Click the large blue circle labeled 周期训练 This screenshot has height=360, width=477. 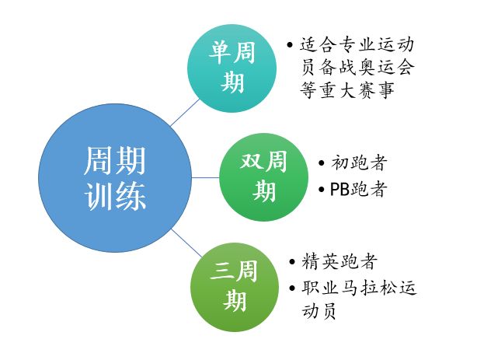click(x=115, y=178)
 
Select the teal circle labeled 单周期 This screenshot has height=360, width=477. click(x=232, y=68)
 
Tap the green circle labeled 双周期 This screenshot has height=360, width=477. click(x=264, y=177)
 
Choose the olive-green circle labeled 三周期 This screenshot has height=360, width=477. click(x=235, y=287)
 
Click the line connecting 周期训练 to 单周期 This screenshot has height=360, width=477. click(x=185, y=113)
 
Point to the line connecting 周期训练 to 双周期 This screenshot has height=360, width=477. click(x=206, y=177)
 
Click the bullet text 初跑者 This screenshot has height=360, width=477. click(x=359, y=163)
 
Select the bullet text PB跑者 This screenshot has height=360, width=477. click(x=359, y=189)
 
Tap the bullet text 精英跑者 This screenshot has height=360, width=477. click(x=339, y=261)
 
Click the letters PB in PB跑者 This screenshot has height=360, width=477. click(x=340, y=190)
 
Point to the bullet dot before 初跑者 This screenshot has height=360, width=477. click(x=322, y=163)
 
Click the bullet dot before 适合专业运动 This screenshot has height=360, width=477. click(x=290, y=45)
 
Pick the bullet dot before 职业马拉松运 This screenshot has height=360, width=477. click(x=292, y=288)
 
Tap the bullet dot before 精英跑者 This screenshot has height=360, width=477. click(x=292, y=261)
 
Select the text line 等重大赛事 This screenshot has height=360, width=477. click(x=347, y=90)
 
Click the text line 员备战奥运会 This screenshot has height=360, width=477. click(x=357, y=67)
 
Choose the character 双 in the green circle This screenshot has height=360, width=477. click(x=251, y=161)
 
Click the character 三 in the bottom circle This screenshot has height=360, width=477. click(x=221, y=271)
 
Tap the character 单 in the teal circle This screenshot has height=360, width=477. click(x=219, y=52)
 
